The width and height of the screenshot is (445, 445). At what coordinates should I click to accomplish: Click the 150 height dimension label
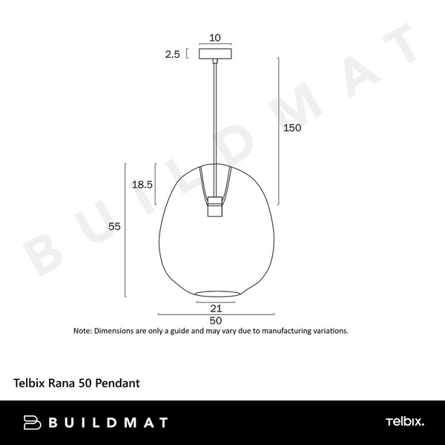click(x=293, y=128)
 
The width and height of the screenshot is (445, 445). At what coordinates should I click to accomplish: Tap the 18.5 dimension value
click(x=142, y=185)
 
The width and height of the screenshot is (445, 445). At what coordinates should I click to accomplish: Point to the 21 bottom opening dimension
click(x=217, y=308)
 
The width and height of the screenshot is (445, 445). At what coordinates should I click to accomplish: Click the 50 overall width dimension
click(x=216, y=320)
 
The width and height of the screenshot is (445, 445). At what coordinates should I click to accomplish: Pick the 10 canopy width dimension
click(x=215, y=38)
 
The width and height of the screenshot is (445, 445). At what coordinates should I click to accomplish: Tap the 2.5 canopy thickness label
click(x=172, y=53)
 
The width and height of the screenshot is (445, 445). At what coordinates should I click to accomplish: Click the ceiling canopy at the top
click(x=215, y=53)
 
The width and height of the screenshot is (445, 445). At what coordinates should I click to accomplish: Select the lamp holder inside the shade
click(x=215, y=205)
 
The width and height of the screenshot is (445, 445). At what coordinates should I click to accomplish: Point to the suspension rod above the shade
click(x=215, y=111)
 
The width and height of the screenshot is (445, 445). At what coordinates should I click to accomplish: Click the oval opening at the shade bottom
click(x=217, y=290)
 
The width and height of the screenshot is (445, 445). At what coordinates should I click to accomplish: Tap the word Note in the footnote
click(x=82, y=331)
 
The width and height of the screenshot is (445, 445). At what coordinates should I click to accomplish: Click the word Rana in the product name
click(x=62, y=384)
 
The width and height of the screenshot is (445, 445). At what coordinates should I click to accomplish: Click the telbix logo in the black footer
click(x=404, y=423)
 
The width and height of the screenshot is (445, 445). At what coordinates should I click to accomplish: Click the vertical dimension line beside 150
click(x=279, y=130)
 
